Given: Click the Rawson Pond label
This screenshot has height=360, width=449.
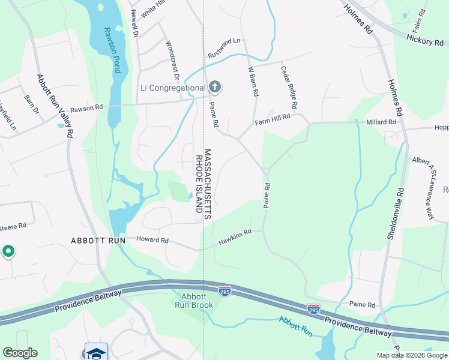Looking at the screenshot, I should click(112, 50).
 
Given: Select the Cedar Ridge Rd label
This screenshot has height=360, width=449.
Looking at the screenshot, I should click(289, 88).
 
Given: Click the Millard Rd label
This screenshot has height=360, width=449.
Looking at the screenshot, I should click(381, 122).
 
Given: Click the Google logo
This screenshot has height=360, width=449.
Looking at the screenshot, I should click(20, 353).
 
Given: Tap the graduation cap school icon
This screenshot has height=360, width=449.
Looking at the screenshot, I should click(96, 352).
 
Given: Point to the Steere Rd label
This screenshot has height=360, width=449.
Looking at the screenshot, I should click(13, 226).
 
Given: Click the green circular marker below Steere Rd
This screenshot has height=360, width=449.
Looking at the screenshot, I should click(8, 251).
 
